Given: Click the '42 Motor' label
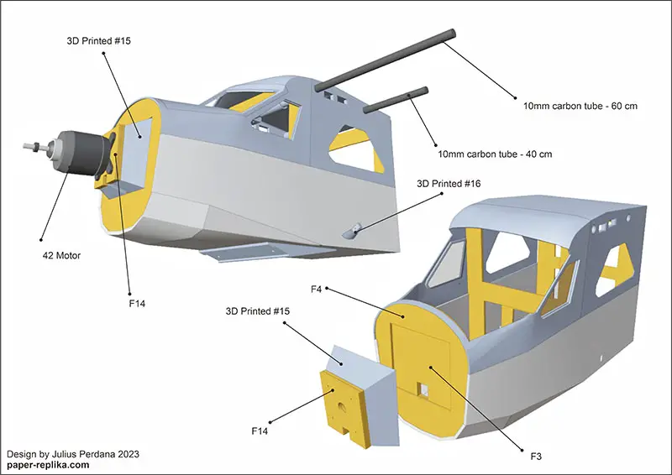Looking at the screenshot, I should (61, 254).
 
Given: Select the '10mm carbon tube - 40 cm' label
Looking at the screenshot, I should (495, 154).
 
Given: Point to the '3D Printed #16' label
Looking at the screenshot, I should (449, 183).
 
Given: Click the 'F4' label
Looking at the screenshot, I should (317, 290).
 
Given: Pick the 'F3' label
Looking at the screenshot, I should (536, 456).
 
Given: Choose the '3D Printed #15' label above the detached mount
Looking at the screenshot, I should (258, 311).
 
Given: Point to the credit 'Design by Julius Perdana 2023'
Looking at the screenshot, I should (73, 453).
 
